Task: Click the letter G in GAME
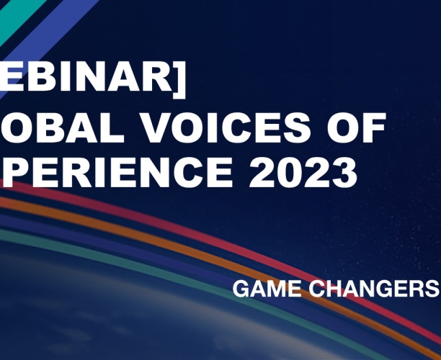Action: pyautogui.click(x=241, y=289)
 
